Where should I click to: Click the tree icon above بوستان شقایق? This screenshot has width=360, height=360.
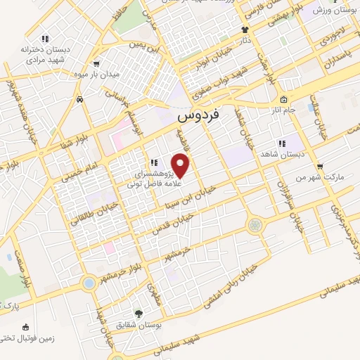pos(139,314)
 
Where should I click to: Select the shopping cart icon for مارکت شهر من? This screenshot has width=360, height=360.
pos(321,167)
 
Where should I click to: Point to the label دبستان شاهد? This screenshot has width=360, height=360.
pos(281,153)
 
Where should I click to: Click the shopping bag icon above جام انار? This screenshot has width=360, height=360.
pos(283,99)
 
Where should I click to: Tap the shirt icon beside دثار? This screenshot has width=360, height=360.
pos(245,30)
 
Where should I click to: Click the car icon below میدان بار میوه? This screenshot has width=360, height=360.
pos(81,100)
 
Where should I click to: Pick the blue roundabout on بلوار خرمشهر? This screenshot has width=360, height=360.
pos(89,283)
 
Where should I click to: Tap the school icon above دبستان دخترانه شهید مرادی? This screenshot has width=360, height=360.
pos(45,39)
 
